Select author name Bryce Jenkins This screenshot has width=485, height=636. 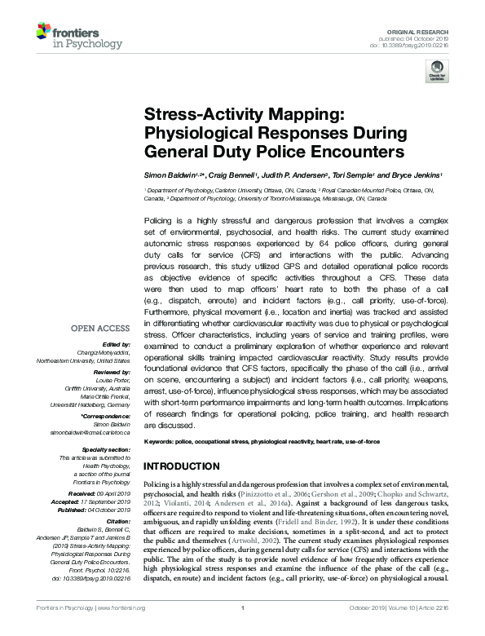click(416, 175)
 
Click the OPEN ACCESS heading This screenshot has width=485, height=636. click(101, 329)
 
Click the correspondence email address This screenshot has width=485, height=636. click(90, 432)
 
